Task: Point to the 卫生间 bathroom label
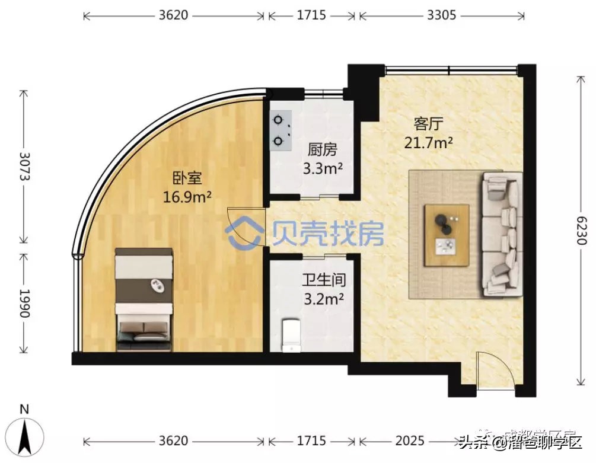323,280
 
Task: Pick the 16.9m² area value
187,196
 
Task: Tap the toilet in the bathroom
291,336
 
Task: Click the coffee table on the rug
447,235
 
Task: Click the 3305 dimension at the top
441,15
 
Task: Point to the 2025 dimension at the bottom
409,441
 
